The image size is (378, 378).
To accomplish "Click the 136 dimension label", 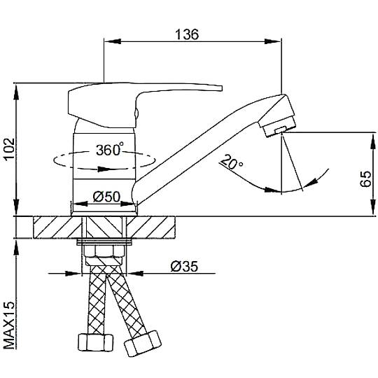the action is point(187,34).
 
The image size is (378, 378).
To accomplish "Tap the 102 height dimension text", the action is point(9,149).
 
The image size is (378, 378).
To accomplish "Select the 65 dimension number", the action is point(365,178).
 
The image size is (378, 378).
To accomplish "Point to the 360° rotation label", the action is point(110,150).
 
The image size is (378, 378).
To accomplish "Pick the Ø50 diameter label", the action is point(106,197).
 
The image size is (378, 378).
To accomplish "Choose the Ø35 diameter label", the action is point(184,267).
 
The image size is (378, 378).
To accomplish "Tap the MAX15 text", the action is point(9,325).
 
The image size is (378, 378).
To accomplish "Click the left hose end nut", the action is point(96,342).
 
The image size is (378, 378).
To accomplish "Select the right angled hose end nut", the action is point(142,343).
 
